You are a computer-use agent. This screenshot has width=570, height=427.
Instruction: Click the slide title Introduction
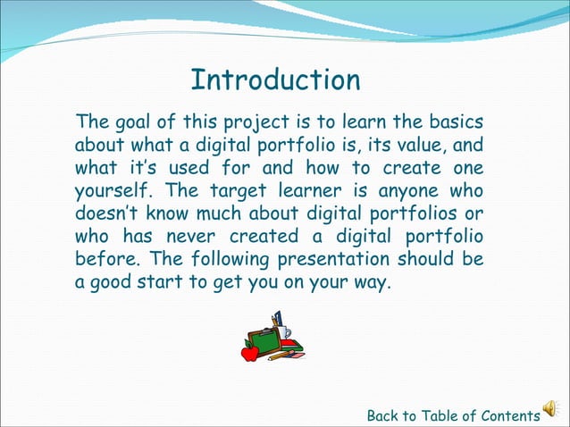pyautogui.click(x=275, y=80)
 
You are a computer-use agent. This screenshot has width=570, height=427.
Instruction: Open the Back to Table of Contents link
pyautogui.click(x=453, y=415)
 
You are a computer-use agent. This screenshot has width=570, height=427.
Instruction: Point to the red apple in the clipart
pyautogui.click(x=250, y=352)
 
